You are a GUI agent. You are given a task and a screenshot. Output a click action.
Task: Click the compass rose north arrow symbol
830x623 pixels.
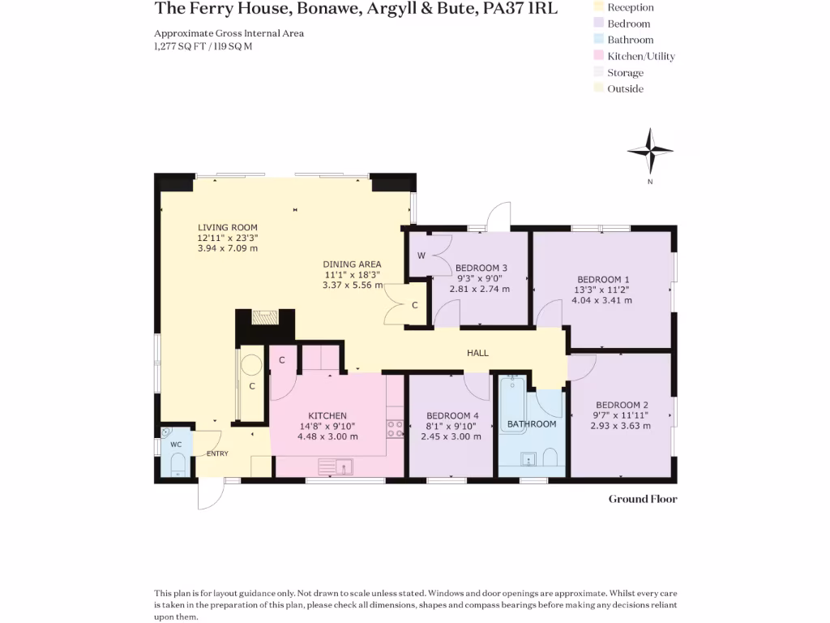pyautogui.click(x=650, y=151)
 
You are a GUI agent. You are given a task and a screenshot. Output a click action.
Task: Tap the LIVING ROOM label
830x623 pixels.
pyautogui.click(x=228, y=227)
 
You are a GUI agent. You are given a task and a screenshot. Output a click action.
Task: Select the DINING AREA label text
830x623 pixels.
pyautogui.click(x=352, y=264)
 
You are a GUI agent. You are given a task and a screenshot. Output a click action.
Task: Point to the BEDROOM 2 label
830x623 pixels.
pyautogui.click(x=622, y=405)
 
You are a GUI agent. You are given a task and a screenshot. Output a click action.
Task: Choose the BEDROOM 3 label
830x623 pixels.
pyautogui.click(x=481, y=268)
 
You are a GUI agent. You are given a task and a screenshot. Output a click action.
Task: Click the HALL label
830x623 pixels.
pyautogui.click(x=477, y=353)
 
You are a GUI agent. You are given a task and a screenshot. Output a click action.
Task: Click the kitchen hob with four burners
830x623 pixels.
pyautogui.click(x=396, y=428)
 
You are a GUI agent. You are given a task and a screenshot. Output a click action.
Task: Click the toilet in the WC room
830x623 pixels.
pyautogui.click(x=178, y=465)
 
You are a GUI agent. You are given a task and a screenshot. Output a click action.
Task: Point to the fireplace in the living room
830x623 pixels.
pyautogui.click(x=263, y=317)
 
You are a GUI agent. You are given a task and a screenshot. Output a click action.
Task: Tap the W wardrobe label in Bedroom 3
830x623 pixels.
pyautogui.click(x=421, y=256)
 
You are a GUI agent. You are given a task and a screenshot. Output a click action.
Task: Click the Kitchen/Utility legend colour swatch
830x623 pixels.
pyautogui.click(x=600, y=56)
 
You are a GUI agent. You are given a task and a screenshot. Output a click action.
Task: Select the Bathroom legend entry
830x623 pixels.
pyautogui.click(x=630, y=40)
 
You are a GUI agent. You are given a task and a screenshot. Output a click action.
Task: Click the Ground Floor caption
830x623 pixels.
pyautogui.click(x=643, y=499)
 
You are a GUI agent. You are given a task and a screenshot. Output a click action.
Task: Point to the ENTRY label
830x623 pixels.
pyautogui.click(x=217, y=453)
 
